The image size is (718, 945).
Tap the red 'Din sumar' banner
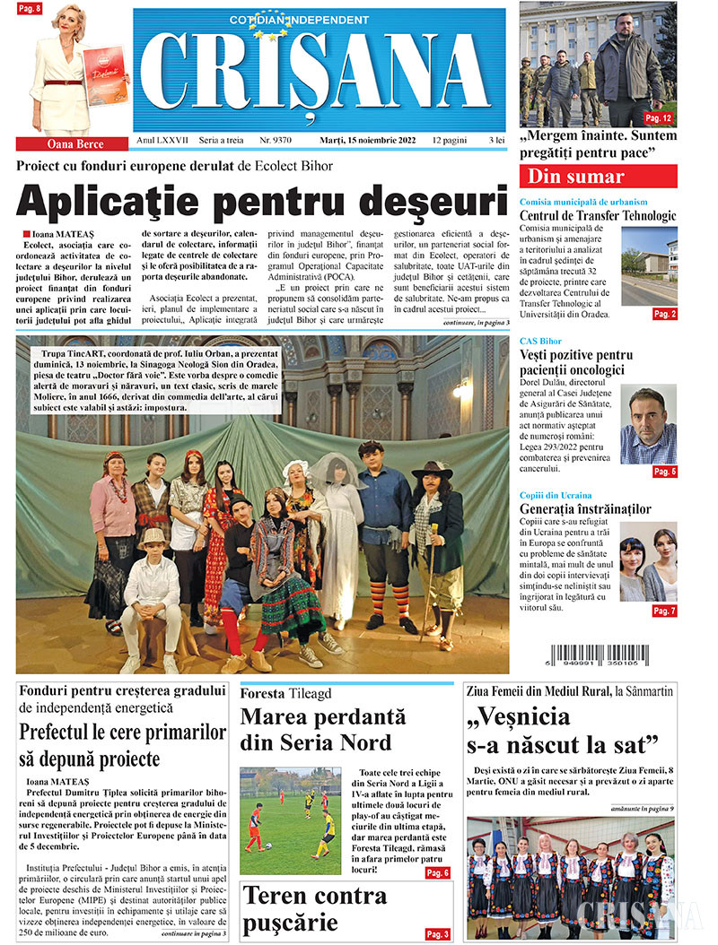click(598, 176)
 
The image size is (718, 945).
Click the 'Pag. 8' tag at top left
click(28, 10)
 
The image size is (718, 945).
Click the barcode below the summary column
click(598, 655)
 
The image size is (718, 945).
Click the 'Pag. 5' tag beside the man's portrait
click(664, 471)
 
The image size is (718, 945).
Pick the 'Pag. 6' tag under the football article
click(437, 872)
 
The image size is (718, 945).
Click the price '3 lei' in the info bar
click(496, 142)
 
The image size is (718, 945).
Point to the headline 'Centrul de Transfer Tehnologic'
click(598, 216)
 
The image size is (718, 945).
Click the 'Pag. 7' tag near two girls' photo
click(664, 611)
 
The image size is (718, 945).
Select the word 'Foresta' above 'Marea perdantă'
click(263, 693)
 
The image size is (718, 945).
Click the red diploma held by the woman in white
click(106, 74)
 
